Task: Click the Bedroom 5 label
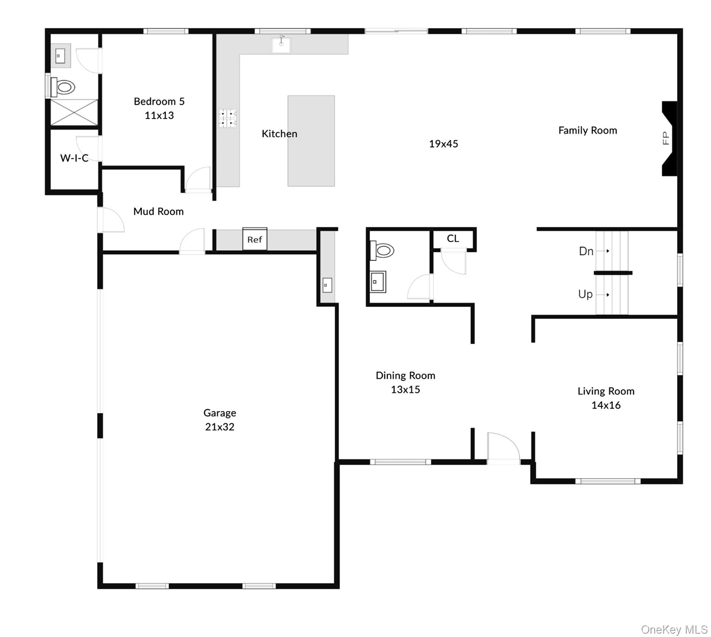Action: (x=159, y=102)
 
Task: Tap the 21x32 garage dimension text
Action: (x=220, y=427)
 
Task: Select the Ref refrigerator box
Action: (x=255, y=239)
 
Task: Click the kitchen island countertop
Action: (x=311, y=141)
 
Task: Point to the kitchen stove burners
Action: (x=227, y=118)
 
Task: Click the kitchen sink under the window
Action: (x=281, y=45)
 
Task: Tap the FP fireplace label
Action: (x=666, y=138)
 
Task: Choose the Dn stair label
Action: (x=586, y=251)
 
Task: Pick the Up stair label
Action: (x=585, y=294)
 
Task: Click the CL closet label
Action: (x=453, y=238)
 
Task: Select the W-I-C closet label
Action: (x=74, y=158)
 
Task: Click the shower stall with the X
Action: (x=74, y=112)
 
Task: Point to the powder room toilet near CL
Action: (x=382, y=250)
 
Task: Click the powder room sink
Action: (x=377, y=282)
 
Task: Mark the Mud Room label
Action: (x=158, y=212)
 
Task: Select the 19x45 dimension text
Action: (x=443, y=144)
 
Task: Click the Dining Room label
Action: (x=405, y=376)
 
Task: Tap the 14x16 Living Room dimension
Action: (x=606, y=405)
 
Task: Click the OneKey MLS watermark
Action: (x=674, y=630)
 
